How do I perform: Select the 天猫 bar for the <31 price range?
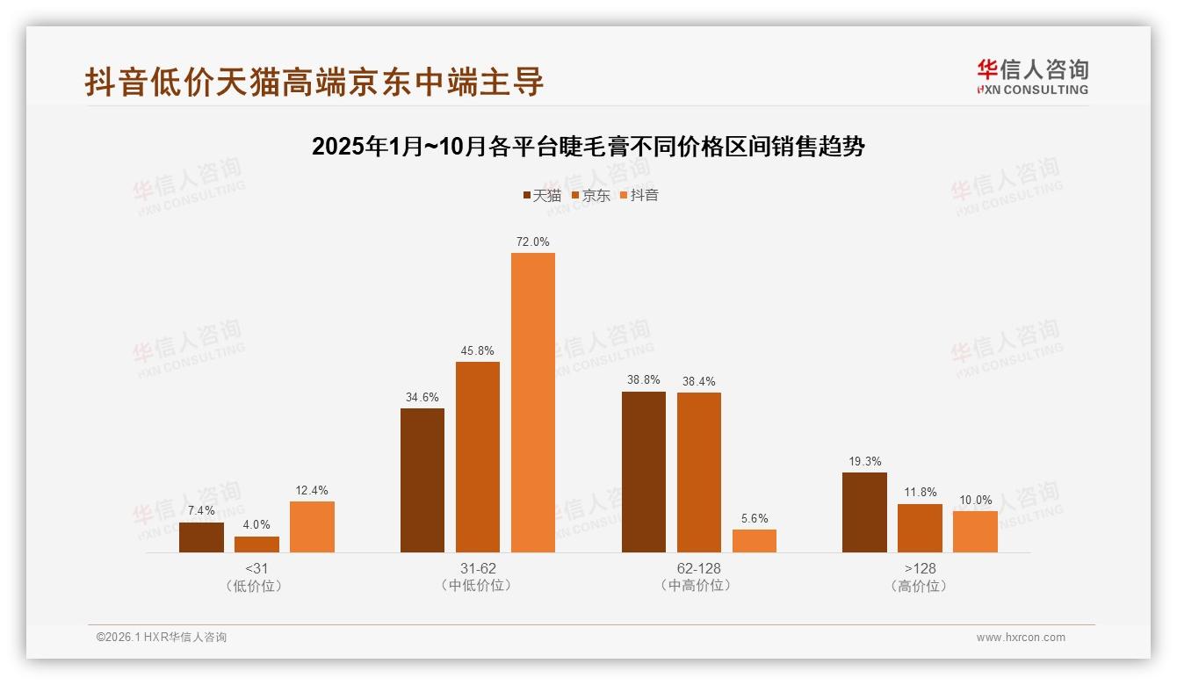click(201, 537)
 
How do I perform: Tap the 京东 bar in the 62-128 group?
click(699, 472)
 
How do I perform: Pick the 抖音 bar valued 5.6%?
click(755, 541)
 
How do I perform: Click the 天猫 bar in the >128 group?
click(864, 512)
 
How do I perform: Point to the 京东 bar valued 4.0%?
click(256, 544)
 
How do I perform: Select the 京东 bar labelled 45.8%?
click(478, 457)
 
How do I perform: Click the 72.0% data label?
click(533, 242)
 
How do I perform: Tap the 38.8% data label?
click(644, 381)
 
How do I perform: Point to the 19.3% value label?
click(864, 461)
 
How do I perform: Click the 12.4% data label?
click(312, 490)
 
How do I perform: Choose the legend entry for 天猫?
click(542, 195)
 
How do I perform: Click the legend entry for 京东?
click(590, 195)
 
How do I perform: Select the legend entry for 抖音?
click(639, 195)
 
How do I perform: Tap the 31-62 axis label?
click(478, 568)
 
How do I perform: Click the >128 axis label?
click(920, 568)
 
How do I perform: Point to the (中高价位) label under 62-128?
click(698, 586)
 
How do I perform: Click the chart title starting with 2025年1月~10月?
click(588, 147)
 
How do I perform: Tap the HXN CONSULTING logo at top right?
click(1033, 76)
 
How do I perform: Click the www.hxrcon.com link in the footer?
click(1021, 638)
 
